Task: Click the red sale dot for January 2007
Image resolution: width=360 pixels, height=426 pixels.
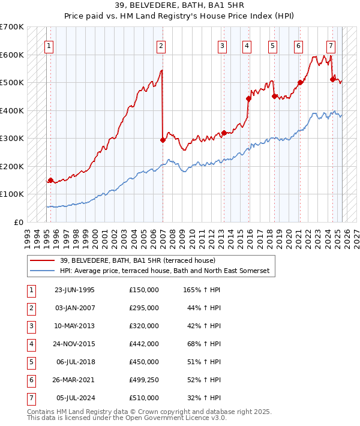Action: point(163,140)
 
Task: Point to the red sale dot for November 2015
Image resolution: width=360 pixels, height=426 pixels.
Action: point(248,99)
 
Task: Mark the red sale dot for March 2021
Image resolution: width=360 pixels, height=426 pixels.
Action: point(300,83)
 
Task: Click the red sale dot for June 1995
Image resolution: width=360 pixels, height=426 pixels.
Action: point(50,180)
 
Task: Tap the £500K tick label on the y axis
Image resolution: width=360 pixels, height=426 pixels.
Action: point(12,83)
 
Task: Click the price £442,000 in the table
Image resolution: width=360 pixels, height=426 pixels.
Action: point(144,344)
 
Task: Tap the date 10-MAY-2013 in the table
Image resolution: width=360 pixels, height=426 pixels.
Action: point(74,326)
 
